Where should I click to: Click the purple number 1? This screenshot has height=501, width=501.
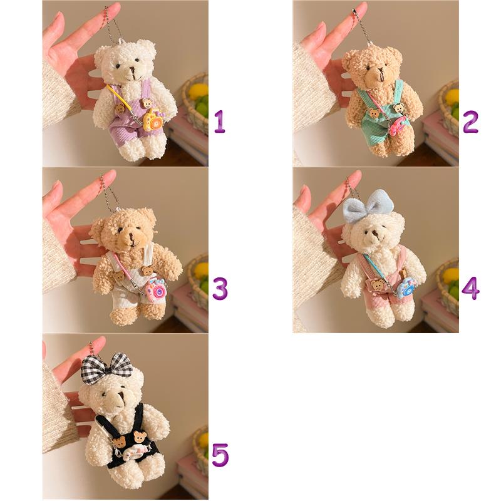click(220, 121)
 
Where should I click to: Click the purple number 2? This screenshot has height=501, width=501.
click(470, 121)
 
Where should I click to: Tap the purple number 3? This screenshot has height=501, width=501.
click(220, 288)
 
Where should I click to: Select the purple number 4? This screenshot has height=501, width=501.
click(470, 288)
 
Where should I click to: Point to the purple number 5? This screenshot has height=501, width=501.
click(220, 455)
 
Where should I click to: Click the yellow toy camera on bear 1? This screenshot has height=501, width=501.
click(153, 120)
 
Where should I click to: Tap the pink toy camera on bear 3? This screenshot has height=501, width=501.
click(156, 290)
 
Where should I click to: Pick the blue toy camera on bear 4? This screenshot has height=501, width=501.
click(406, 287)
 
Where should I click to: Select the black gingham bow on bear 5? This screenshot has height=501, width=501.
click(106, 368)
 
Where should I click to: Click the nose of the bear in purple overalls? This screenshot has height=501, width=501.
click(132, 69)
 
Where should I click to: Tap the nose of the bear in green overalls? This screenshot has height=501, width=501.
click(380, 70)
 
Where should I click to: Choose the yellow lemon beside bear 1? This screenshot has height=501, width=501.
click(198, 91)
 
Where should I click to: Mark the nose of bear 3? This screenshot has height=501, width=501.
click(132, 237)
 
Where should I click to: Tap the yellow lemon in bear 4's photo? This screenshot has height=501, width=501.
click(451, 276)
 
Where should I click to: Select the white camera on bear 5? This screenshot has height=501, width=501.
click(135, 452)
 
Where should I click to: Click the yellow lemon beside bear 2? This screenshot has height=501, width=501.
click(452, 97)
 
